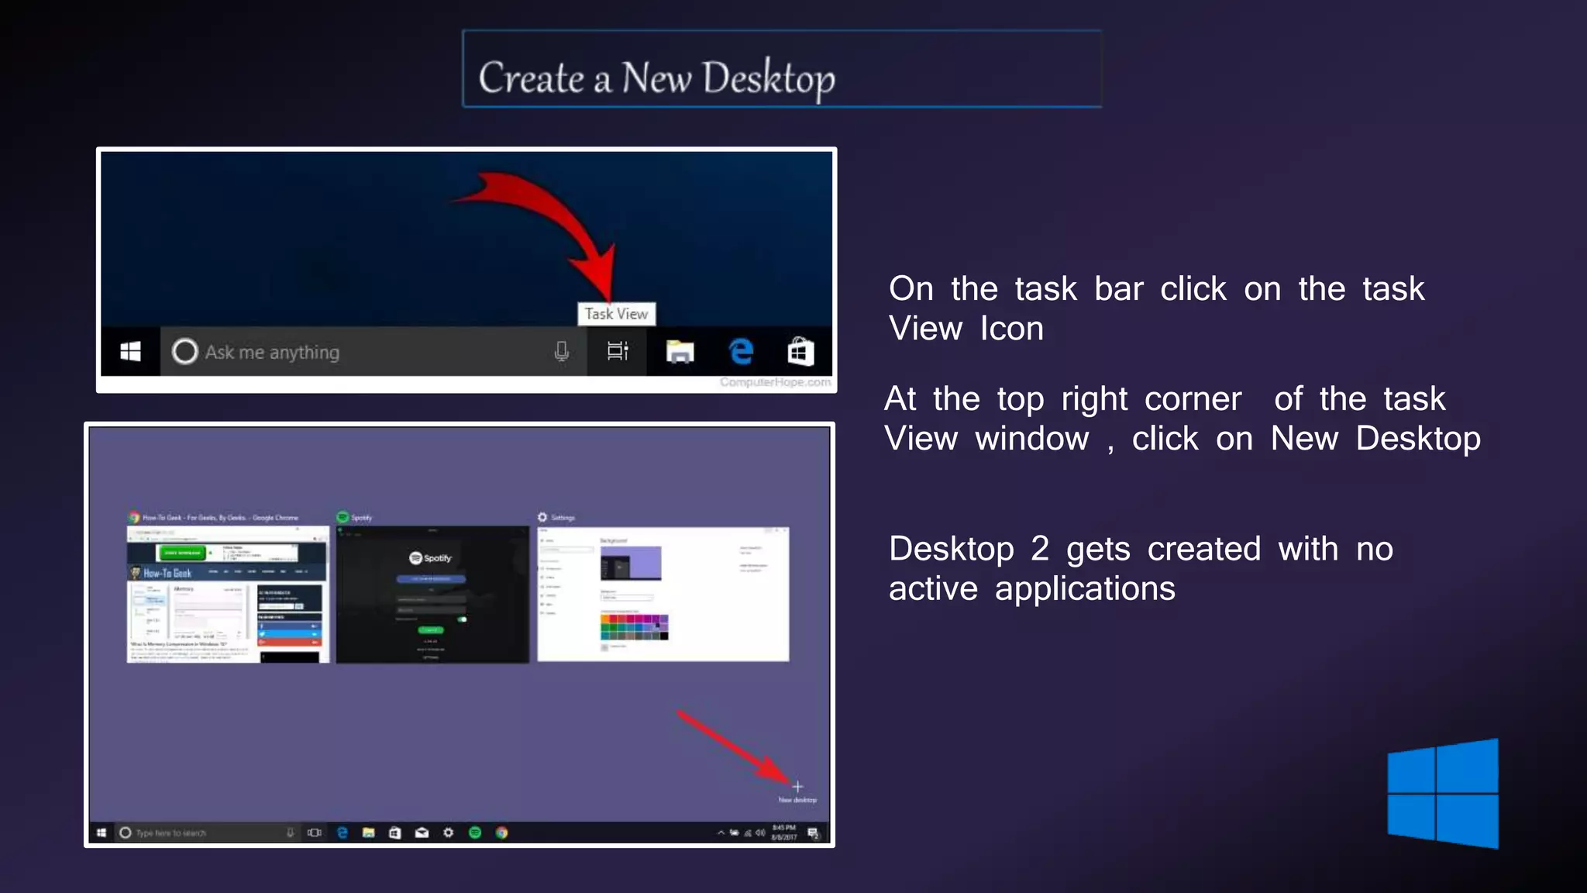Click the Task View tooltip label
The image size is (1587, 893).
tap(616, 314)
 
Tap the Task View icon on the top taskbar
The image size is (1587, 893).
tap(617, 352)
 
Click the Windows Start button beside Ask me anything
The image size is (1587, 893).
tap(130, 352)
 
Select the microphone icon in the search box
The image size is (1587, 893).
tap(562, 352)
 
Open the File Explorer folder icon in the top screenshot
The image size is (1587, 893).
tap(680, 352)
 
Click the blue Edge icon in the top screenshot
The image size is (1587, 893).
tap(741, 351)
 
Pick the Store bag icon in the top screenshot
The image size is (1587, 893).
tap(800, 351)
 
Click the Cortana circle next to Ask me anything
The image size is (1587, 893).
tap(184, 352)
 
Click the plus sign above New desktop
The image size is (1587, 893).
tap(797, 786)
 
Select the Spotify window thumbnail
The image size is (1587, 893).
tap(432, 594)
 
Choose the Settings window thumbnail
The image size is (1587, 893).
tap(663, 594)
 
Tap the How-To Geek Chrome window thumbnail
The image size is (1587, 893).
tap(228, 594)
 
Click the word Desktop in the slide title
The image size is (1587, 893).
tap(769, 78)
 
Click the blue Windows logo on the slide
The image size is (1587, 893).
tap(1443, 793)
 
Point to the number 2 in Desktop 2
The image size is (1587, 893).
tap(1039, 549)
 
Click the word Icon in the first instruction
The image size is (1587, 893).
tap(1011, 329)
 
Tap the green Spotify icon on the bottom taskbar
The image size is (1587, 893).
tap(475, 833)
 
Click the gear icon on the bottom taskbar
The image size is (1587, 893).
tap(448, 833)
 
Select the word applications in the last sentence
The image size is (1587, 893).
tap(1085, 589)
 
